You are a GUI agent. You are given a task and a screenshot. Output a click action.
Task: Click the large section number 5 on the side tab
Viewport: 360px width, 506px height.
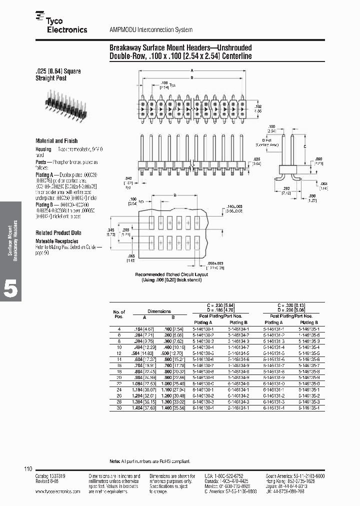point(11,289)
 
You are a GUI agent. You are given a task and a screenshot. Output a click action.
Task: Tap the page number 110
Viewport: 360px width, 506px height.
point(28,468)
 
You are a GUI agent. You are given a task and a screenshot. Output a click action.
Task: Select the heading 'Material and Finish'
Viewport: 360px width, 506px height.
point(56,141)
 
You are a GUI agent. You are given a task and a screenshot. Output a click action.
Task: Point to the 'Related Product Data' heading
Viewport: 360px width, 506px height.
point(58,233)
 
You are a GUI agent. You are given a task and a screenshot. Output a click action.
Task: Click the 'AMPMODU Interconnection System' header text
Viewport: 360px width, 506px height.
point(150,30)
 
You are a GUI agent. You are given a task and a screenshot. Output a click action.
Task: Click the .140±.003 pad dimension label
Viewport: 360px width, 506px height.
point(234,207)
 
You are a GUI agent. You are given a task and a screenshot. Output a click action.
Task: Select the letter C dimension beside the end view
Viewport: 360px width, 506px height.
point(305,146)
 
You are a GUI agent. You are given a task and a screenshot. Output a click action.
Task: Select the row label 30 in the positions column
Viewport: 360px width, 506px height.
point(119,408)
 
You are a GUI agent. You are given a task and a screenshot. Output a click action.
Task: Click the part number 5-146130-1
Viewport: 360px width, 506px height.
point(203,328)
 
